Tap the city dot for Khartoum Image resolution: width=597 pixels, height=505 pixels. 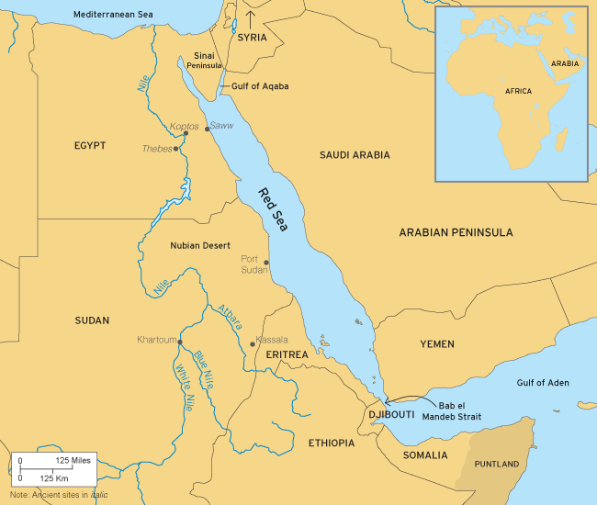pos(180,342)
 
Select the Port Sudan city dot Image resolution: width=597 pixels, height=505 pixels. pos(266,262)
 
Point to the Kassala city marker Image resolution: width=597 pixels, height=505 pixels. pos(252,344)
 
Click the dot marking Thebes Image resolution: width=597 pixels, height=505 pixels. pos(176,148)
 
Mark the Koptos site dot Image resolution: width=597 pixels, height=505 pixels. pos(186,133)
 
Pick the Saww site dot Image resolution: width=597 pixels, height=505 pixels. pos(207,129)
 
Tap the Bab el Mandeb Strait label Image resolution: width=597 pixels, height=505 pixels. pos(459,410)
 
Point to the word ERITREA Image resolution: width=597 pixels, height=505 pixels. pos(287,354)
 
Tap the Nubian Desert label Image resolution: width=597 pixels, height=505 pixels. pos(203,246)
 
